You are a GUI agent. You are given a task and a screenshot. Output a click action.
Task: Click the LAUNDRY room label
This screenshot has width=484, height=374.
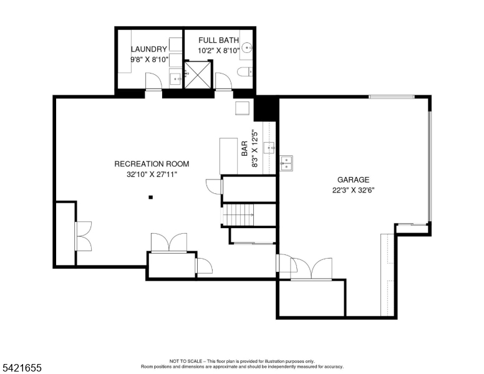tap(148, 49)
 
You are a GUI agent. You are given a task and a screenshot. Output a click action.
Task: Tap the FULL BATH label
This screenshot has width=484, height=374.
tap(218, 41)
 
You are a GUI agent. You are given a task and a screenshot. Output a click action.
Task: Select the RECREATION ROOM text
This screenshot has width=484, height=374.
tap(152, 164)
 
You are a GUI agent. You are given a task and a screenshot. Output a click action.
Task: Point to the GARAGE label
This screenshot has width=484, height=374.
tap(354, 180)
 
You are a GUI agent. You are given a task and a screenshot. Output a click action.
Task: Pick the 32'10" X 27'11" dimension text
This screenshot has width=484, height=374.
tap(152, 175)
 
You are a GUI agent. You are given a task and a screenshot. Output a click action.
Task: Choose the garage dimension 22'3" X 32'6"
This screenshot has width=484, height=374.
tap(354, 190)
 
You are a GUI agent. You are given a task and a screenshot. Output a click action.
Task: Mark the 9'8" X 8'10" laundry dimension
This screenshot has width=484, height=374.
tap(149, 60)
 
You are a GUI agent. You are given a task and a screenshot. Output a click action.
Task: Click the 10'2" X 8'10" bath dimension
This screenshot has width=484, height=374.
tap(218, 50)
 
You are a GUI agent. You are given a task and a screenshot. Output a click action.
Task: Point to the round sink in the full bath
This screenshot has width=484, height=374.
tap(248, 47)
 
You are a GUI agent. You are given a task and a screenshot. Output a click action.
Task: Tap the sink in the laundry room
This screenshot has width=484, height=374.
tap(176, 78)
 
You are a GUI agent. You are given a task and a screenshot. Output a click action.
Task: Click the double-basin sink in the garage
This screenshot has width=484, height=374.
tap(286, 163)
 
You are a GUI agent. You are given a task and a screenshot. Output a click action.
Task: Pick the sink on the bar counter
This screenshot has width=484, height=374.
tap(269, 148)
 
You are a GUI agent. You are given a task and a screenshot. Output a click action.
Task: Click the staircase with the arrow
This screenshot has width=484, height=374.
tap(240, 216)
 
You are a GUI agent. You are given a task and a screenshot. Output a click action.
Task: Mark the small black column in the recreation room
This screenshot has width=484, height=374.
tap(150, 198)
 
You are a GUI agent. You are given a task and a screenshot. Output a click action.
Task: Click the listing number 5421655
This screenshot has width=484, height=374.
tap(21, 368)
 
